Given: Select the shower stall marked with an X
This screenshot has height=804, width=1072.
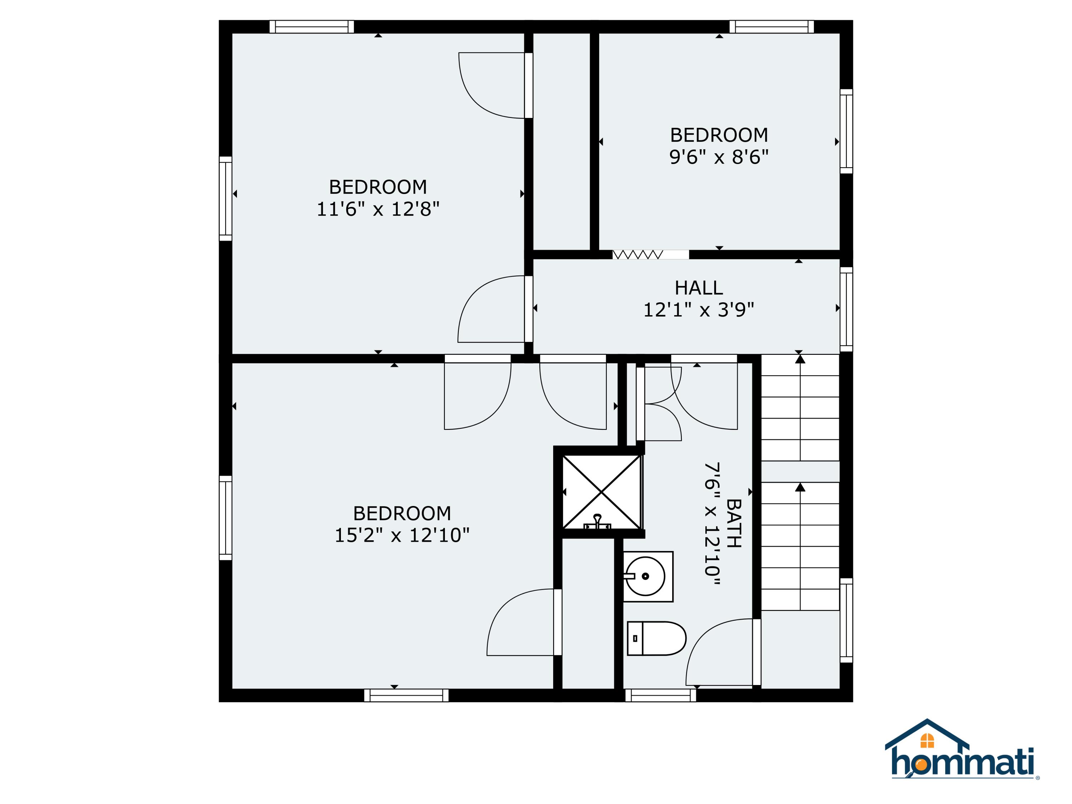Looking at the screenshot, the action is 601,492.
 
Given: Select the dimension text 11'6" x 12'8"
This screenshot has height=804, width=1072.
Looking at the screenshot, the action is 378,209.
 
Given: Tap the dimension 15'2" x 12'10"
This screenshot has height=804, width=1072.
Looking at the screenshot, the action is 402,535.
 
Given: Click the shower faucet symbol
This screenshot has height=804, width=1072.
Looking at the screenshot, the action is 597,522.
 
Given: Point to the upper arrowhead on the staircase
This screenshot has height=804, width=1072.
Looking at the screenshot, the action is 800,359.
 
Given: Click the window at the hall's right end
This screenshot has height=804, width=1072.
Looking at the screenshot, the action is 846,309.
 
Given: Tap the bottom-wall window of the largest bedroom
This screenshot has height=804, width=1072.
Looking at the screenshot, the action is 406,695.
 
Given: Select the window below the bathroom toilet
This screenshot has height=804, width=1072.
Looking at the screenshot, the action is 661,695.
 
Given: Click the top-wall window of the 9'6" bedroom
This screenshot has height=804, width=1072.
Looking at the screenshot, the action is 771,27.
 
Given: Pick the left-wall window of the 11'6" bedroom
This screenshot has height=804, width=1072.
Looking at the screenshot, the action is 225,198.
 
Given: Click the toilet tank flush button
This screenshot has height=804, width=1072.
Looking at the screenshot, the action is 635,639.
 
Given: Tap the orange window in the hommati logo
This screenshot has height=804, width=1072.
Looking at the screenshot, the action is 927,740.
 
